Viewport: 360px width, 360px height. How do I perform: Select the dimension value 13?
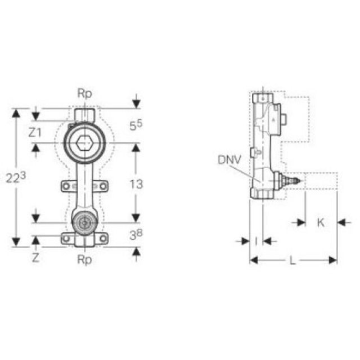pos(136,183)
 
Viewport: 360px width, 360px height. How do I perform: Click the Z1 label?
pos(35,133)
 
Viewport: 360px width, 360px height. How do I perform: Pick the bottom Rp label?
pos(84,260)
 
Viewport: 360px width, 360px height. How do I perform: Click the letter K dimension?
pos(321,222)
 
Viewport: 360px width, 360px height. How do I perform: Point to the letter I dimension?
pos(256,241)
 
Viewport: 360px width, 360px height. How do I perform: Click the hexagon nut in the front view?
pos(84,144)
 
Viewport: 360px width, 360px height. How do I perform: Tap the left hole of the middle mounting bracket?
pos(66,186)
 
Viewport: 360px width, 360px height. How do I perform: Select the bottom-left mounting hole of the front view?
pos(66,239)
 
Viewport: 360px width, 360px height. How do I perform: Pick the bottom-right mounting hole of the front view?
pos(102,239)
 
